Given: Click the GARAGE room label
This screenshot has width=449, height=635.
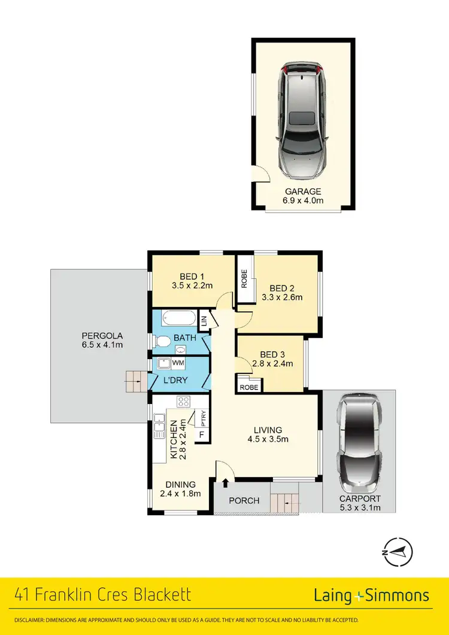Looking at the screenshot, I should (303, 192).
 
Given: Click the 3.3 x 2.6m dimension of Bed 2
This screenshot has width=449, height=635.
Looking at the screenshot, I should (282, 297).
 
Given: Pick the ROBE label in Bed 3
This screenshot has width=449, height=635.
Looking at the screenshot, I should (248, 387).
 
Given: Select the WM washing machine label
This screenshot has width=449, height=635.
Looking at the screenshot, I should (178, 363).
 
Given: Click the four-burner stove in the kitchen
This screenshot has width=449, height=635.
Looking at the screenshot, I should (183, 402).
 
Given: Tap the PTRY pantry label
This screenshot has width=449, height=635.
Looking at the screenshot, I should (204, 415).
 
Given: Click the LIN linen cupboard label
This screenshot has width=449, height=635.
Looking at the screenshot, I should (204, 321).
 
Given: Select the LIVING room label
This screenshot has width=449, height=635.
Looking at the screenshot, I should (267, 430).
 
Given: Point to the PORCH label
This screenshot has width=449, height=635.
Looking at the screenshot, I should (245, 500).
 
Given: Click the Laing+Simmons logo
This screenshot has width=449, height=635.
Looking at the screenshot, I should (371, 595).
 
